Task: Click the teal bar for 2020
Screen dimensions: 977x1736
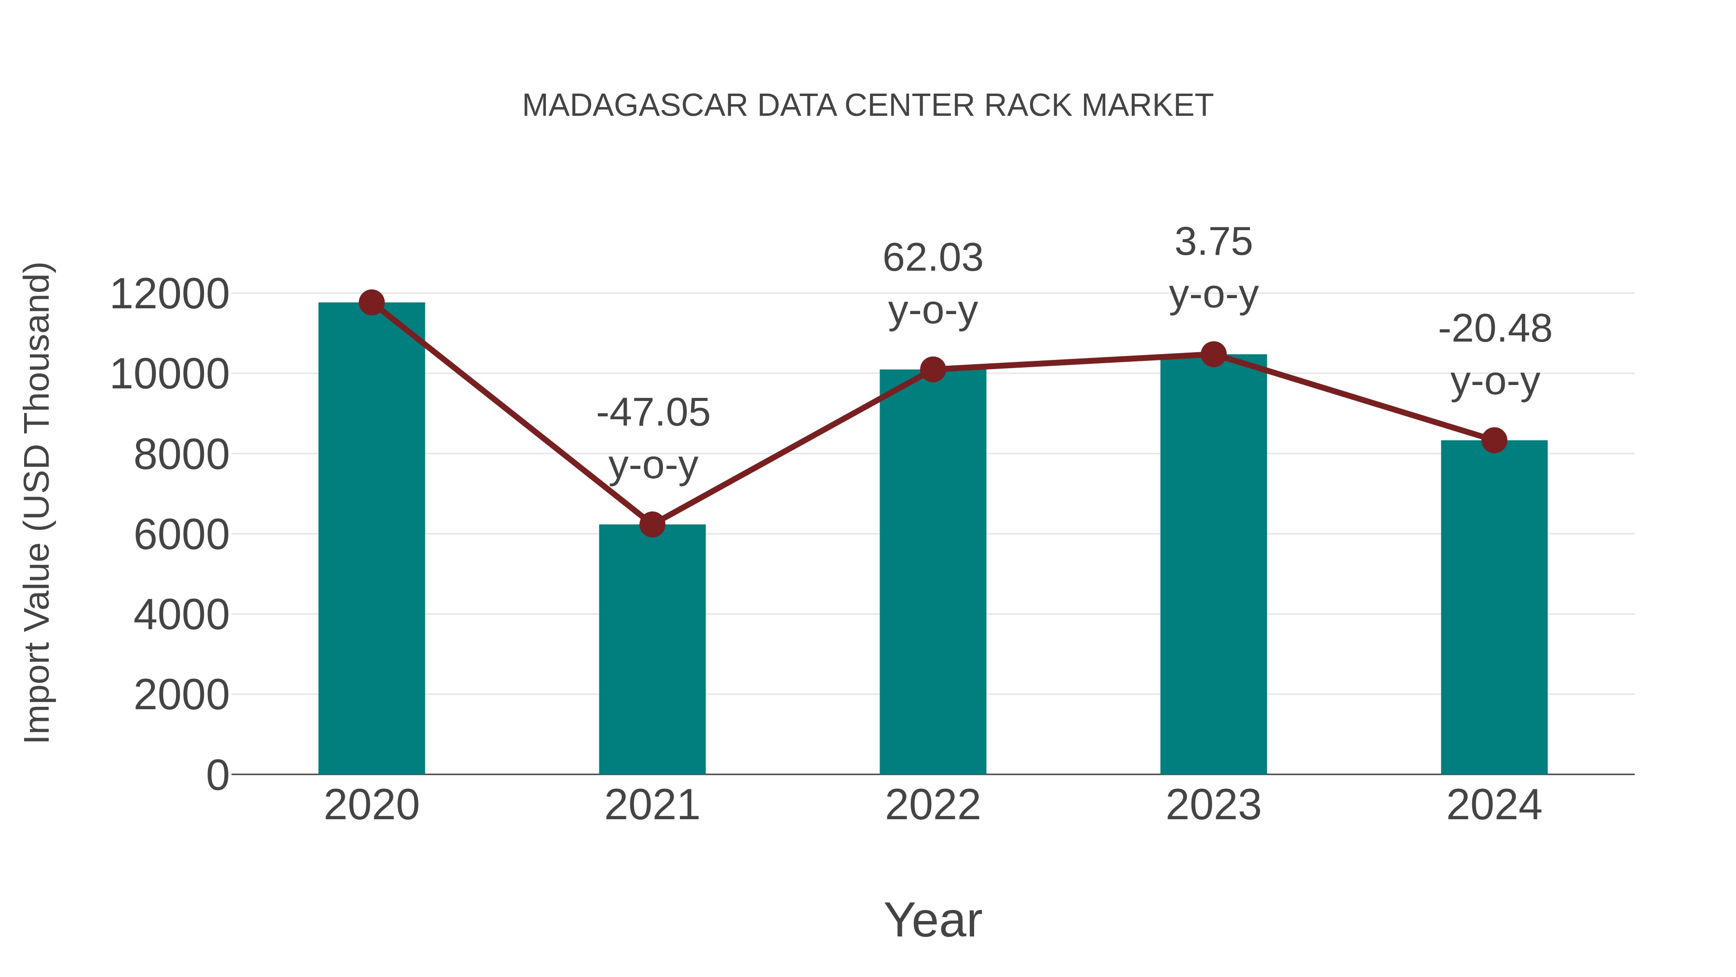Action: pyautogui.click(x=371, y=539)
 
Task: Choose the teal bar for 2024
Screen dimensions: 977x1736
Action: pyautogui.click(x=1494, y=607)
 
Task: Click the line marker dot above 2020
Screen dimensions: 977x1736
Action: pyautogui.click(x=371, y=303)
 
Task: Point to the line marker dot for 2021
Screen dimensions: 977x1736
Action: pyautogui.click(x=651, y=524)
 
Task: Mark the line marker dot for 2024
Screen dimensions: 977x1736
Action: pyautogui.click(x=1494, y=440)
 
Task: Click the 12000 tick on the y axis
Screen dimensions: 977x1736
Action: pyautogui.click(x=169, y=295)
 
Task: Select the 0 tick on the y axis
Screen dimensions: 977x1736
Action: pyautogui.click(x=217, y=775)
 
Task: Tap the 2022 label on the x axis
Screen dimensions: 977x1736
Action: pyautogui.click(x=933, y=805)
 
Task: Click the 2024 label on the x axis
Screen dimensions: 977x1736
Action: pyautogui.click(x=1494, y=805)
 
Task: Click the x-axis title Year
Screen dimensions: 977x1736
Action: pyautogui.click(x=933, y=920)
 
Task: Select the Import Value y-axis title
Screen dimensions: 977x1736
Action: pyautogui.click(x=38, y=502)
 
